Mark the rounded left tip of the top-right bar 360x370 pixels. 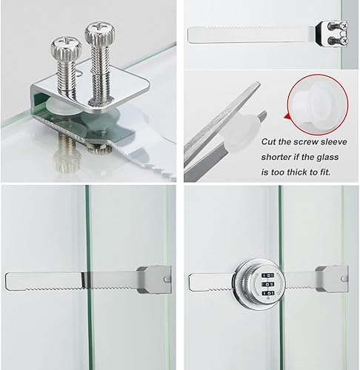coord(193,36)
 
